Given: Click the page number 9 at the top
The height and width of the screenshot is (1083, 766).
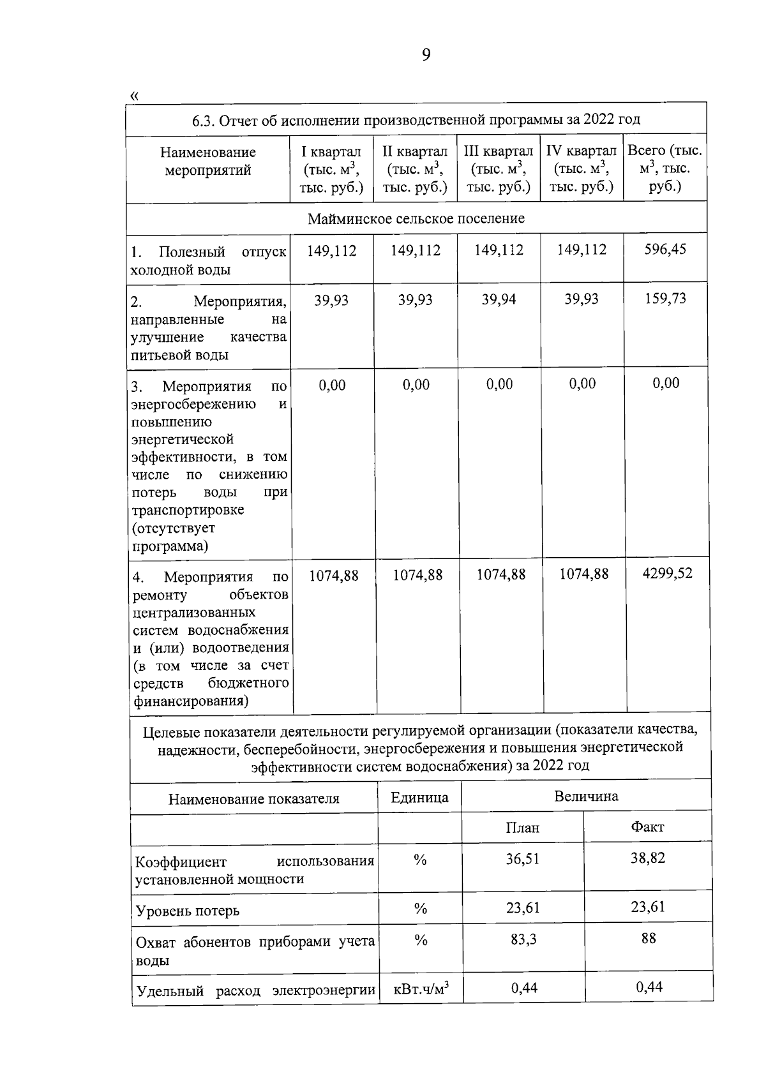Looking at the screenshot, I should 426,56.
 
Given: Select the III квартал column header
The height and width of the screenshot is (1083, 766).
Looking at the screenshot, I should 499,169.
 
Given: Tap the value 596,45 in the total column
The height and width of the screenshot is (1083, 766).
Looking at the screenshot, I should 665,249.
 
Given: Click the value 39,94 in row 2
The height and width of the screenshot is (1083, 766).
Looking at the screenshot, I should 499,299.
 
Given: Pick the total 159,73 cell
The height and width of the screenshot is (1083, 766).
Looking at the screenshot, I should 665,298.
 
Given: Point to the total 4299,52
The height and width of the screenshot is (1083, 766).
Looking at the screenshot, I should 667,572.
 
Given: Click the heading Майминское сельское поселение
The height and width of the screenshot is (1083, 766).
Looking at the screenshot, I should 416,218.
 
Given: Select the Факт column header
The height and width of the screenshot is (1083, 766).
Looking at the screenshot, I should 647,826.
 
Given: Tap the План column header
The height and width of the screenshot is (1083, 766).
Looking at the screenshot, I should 522,827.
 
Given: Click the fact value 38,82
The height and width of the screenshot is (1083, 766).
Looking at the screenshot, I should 648,858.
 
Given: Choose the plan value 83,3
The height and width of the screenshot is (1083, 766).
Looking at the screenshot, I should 523,939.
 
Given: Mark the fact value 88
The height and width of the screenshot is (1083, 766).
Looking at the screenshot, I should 649,937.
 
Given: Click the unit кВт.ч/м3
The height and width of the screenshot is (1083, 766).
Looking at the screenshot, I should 421,989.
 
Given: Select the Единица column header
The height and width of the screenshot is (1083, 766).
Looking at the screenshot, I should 419,797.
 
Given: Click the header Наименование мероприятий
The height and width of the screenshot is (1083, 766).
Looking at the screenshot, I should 207,161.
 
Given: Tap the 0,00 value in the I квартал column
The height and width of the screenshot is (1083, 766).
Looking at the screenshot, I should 332,384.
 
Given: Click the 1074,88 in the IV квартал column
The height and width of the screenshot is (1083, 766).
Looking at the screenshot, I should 583,574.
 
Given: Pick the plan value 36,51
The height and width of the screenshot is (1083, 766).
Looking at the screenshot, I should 523,858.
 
